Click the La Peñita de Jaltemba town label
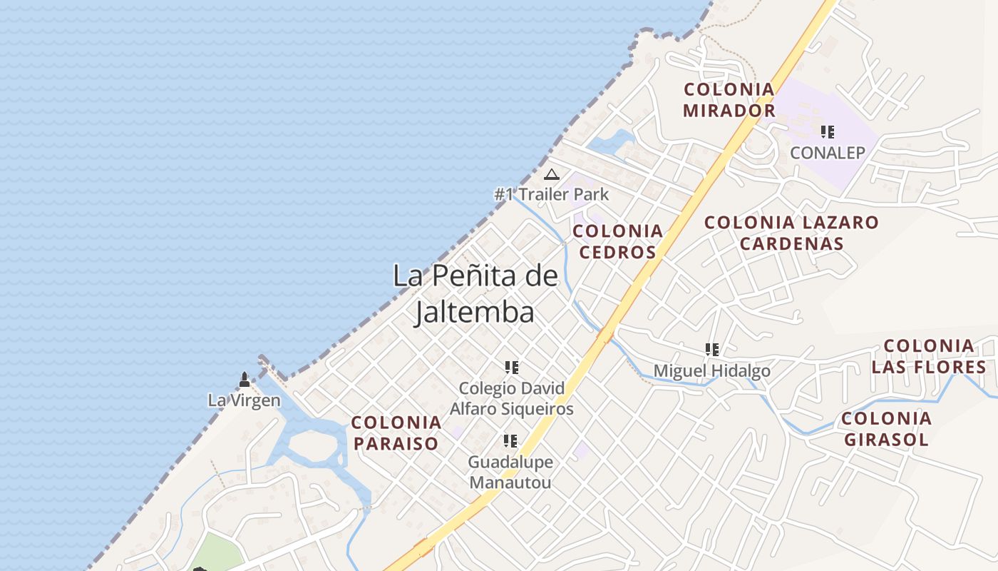pyautogui.click(x=475, y=293)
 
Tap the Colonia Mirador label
pyautogui.click(x=729, y=100)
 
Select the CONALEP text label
pyautogui.click(x=827, y=153)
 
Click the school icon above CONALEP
pyautogui.click(x=827, y=132)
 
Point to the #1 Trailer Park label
pyautogui.click(x=552, y=194)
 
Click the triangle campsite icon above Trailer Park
pyautogui.click(x=551, y=174)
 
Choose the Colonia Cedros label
pyautogui.click(x=617, y=241)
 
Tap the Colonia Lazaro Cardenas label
pyautogui.click(x=791, y=233)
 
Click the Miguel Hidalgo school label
pyautogui.click(x=711, y=371)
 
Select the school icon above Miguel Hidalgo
pyautogui.click(x=711, y=350)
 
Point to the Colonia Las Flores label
pyautogui.click(x=928, y=357)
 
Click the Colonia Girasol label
pyautogui.click(x=886, y=428)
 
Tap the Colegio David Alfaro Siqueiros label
pyautogui.click(x=511, y=398)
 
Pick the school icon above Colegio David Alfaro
pyautogui.click(x=511, y=368)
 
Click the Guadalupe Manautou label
pyautogui.click(x=510, y=472)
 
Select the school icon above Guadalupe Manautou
pyautogui.click(x=510, y=441)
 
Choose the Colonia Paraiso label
pyautogui.click(x=396, y=433)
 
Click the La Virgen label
pyautogui.click(x=244, y=400)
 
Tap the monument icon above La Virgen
pyautogui.click(x=245, y=379)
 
